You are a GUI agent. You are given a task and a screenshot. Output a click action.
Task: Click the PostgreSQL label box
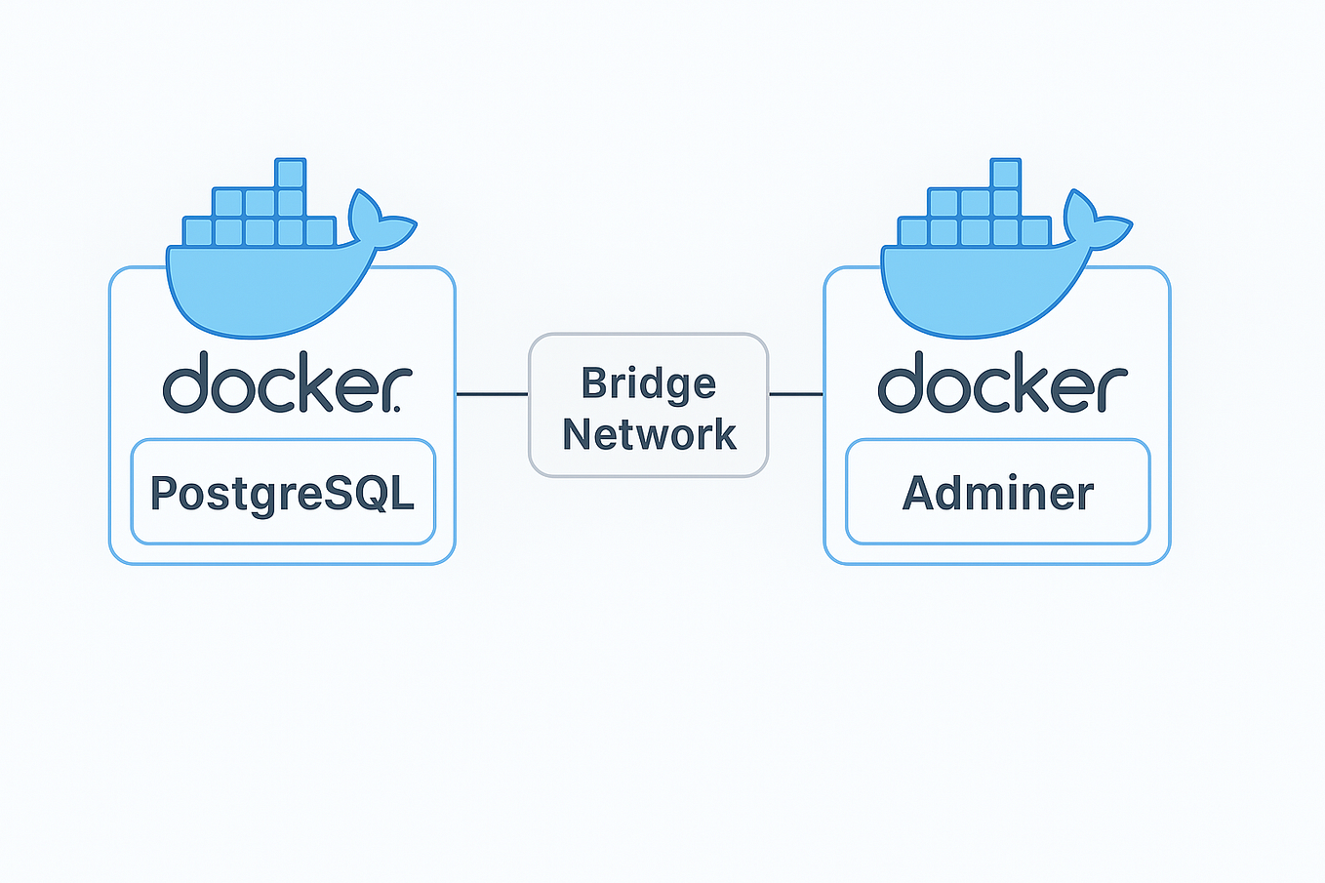pos(283,492)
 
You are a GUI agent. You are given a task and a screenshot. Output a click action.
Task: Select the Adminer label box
pos(997,492)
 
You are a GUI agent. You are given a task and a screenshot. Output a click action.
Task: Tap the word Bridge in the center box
pos(649,383)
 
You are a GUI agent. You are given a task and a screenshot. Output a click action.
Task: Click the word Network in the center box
pos(649,434)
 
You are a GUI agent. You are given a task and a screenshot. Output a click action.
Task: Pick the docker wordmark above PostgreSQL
pos(287,382)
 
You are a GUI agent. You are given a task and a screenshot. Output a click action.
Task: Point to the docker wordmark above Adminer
pos(1002,382)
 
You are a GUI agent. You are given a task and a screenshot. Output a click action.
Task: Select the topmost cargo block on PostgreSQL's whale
pos(291,174)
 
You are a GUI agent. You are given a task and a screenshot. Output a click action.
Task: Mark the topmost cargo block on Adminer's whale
pos(1005,174)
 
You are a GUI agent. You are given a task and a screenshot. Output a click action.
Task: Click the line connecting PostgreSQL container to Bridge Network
pos(492,394)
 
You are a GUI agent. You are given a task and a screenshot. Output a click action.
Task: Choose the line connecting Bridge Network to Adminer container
pos(796,394)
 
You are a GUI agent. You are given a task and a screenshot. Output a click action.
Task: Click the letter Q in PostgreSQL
pos(370,493)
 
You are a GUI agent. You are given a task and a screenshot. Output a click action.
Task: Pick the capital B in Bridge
pos(594,383)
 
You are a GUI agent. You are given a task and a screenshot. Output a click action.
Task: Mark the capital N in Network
pos(580,434)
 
